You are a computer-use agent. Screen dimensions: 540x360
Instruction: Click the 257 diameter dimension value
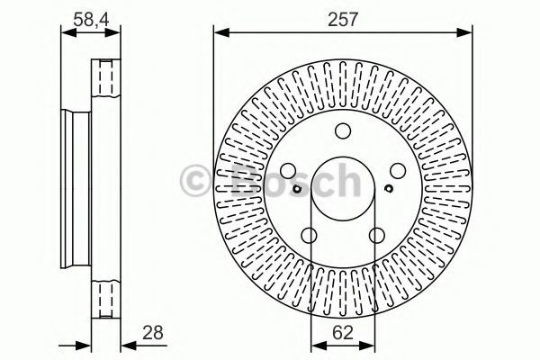(343, 20)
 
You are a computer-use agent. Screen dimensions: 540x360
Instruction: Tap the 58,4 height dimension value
(91, 20)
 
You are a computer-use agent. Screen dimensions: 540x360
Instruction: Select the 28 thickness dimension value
(153, 333)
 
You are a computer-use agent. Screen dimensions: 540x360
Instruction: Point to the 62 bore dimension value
(343, 333)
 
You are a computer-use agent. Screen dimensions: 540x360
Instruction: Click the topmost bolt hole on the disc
(343, 130)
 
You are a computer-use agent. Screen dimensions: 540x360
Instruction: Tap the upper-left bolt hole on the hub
(288, 170)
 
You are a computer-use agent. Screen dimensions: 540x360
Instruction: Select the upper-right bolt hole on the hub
(398, 170)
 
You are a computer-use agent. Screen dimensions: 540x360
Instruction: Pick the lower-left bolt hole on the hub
(309, 235)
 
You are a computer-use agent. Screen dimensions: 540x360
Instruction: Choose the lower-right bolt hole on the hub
(377, 235)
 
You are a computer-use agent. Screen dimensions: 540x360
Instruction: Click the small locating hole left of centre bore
(297, 188)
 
